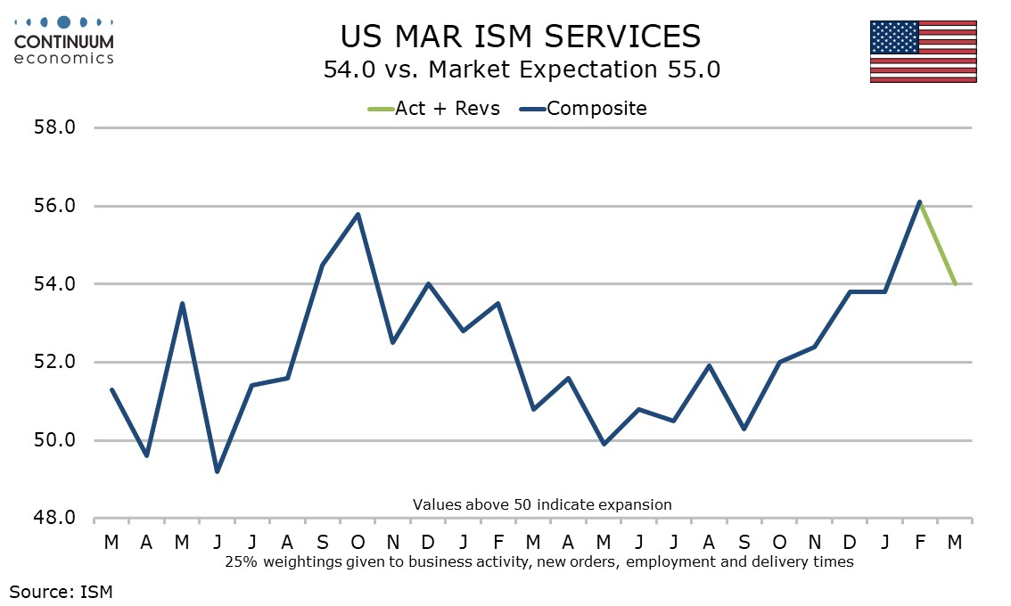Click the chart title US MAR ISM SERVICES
point(521,37)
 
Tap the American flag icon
point(923,51)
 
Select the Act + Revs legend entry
point(434,109)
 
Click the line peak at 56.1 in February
point(919,201)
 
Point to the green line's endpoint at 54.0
point(955,284)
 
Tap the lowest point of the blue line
point(218,471)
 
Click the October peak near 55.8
point(358,214)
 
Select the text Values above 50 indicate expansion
point(542,504)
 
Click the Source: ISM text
point(62,590)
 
